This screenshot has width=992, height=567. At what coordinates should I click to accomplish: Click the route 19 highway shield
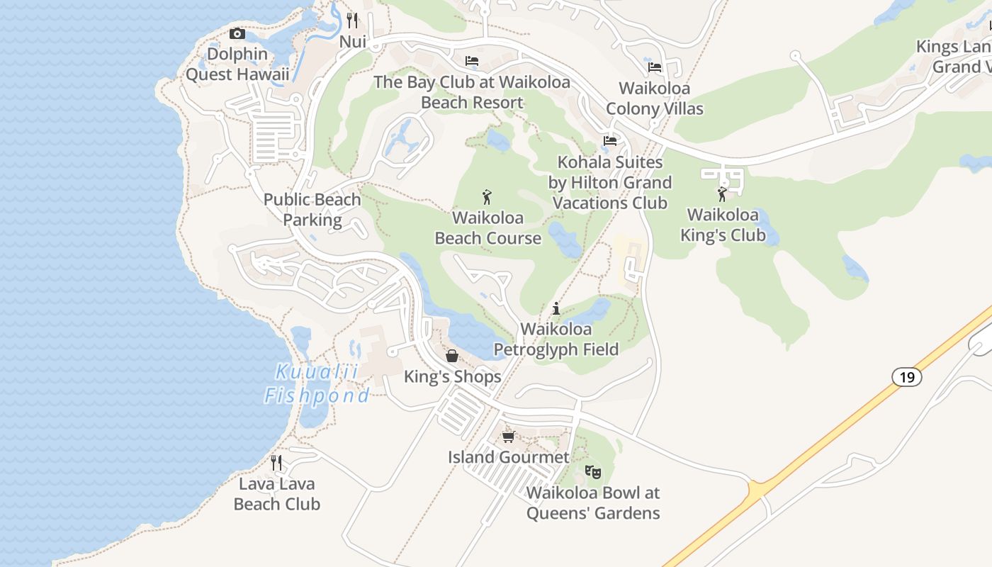coord(907,377)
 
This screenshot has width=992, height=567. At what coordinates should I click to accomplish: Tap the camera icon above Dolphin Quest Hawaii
coord(237,33)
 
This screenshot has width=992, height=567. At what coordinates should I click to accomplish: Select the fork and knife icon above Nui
coord(352,20)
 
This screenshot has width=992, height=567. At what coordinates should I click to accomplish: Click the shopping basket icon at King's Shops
coord(452,356)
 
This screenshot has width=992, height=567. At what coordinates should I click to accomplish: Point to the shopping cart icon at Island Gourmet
coord(508,437)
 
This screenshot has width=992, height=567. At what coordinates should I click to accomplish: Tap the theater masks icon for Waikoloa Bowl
coord(593,471)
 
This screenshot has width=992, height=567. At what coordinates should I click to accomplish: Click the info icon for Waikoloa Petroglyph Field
coord(556,309)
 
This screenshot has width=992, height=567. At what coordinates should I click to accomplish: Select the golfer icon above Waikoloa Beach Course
coord(487,197)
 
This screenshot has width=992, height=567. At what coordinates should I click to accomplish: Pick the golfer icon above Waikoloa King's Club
coord(722,194)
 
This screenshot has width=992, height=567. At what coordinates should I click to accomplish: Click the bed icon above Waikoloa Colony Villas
coord(655,67)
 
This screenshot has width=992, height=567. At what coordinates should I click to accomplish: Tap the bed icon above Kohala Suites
coord(609,141)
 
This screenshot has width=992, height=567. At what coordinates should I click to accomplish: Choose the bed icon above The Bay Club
coord(472,61)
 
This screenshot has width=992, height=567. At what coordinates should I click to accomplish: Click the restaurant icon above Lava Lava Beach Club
coord(276,463)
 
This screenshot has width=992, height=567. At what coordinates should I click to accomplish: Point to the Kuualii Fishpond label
coord(317,383)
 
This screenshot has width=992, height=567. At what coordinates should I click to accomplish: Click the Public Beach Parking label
coord(312,210)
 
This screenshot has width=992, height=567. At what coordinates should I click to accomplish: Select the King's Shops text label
coord(452,377)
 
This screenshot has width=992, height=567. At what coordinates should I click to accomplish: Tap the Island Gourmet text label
coord(508,457)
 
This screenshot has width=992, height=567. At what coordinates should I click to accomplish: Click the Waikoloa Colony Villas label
coord(655,99)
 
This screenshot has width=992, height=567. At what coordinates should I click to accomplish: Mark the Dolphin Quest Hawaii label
coord(237,64)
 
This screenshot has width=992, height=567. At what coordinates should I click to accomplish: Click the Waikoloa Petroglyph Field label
coord(556,339)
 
